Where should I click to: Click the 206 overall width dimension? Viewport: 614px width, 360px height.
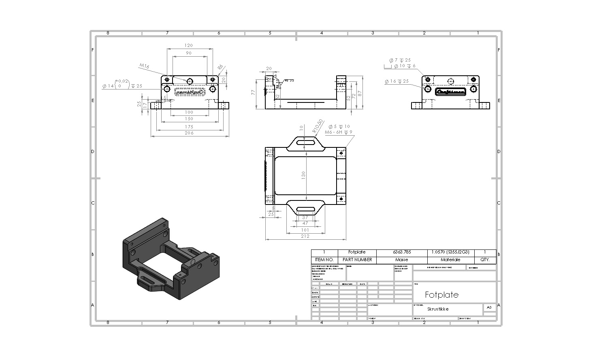click(189, 133)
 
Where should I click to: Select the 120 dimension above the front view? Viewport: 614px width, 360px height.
click(188, 45)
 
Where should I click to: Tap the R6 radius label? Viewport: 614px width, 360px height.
click(220, 67)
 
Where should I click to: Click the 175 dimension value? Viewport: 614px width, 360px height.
click(189, 127)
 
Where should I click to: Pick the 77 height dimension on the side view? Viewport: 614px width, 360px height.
click(254, 92)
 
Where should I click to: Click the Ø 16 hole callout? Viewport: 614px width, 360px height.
click(397, 81)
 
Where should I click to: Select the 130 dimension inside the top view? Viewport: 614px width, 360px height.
click(303, 175)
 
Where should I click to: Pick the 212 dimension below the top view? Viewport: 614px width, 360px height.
click(305, 236)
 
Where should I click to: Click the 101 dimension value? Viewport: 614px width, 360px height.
click(305, 230)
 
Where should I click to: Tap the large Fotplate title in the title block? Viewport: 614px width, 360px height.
click(441, 295)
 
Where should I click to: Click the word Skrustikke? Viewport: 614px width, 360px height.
click(438, 309)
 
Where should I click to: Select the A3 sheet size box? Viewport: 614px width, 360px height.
click(489, 307)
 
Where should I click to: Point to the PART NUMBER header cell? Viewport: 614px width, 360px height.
click(357, 260)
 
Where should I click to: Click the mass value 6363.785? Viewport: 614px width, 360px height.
click(401, 252)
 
